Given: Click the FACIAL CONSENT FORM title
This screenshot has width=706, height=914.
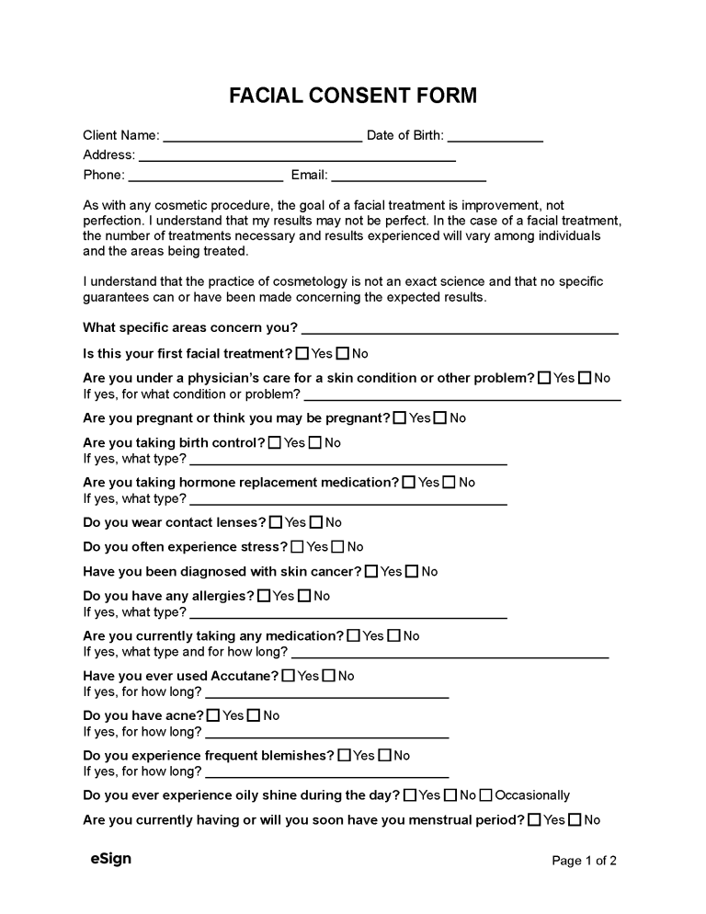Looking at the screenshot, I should pos(353,96).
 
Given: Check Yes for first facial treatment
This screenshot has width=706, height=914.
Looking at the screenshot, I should pos(302,353).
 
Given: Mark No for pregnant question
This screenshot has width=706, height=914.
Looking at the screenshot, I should pos(440,417).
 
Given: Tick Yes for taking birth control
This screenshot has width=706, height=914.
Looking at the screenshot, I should pos(275,442).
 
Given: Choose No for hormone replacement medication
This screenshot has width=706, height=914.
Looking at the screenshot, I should pos(450,482).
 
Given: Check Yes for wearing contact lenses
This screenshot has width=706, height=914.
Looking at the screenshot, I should pos(276,522).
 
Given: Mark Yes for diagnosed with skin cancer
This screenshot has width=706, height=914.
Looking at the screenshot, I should pos(371,571).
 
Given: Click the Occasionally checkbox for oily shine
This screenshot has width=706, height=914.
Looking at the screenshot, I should pos(486,795).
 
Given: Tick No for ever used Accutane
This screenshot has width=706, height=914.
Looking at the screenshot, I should pos(328,676).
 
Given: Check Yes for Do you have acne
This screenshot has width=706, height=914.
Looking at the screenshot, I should pos(213,715).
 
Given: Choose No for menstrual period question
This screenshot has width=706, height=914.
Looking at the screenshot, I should pos(575,819).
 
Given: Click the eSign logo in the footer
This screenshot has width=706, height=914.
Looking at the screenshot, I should pos(110,859).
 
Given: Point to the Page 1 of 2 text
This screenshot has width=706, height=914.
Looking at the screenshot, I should pos(584,861).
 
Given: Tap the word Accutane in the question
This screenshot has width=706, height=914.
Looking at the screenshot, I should pos(244,676).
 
